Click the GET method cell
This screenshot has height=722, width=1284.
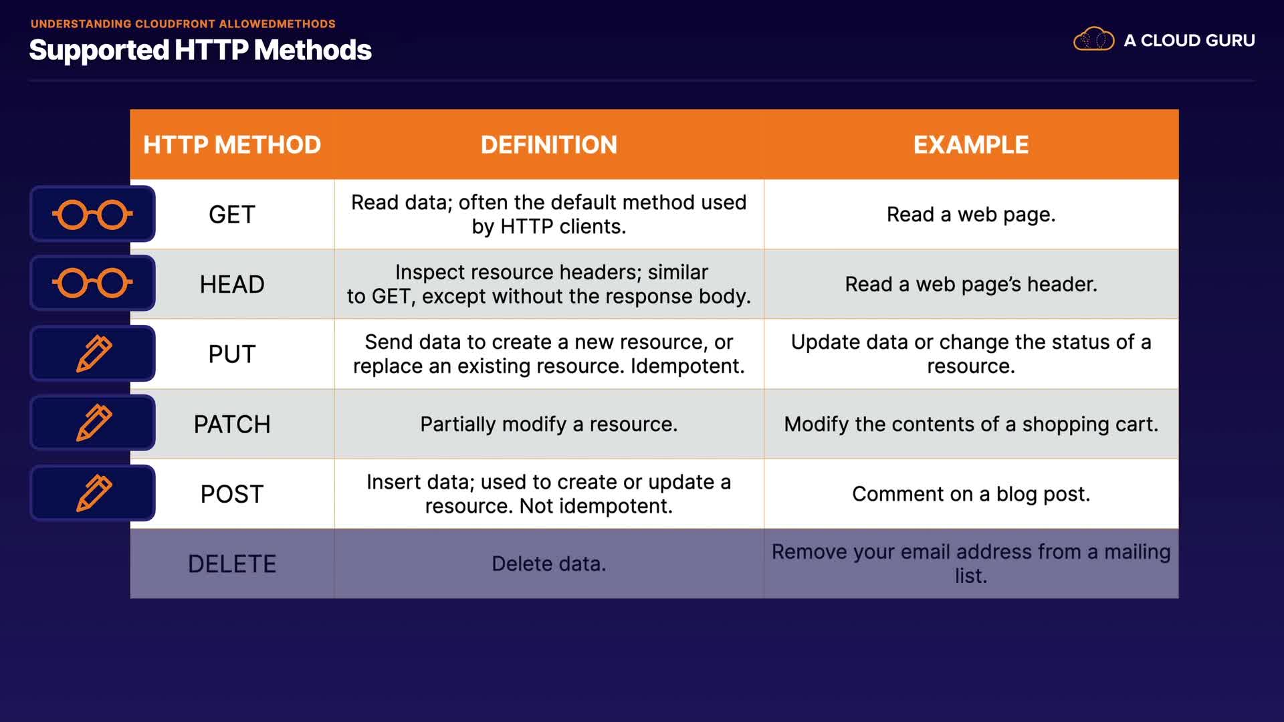(232, 215)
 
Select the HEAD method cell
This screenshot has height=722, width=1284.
(232, 284)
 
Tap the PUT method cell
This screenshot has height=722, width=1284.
(232, 354)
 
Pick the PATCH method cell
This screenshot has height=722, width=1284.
(232, 424)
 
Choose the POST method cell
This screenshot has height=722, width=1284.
(232, 494)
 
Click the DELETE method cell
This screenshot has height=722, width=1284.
(232, 564)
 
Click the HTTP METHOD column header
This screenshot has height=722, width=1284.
(232, 144)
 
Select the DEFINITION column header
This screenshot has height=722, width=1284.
(549, 144)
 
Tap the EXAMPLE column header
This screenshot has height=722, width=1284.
(971, 144)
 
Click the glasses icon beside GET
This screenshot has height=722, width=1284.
(92, 215)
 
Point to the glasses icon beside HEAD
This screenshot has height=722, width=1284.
(92, 283)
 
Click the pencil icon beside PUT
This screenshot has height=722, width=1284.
(94, 353)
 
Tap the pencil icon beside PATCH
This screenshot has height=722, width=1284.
(94, 423)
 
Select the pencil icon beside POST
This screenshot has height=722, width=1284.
(94, 493)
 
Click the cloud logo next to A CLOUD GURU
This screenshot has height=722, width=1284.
(1093, 39)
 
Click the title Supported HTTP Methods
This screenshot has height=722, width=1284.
(200, 50)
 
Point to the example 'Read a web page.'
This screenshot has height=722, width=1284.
(971, 215)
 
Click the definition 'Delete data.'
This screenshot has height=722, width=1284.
(549, 564)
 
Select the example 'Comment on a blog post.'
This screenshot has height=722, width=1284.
(971, 494)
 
